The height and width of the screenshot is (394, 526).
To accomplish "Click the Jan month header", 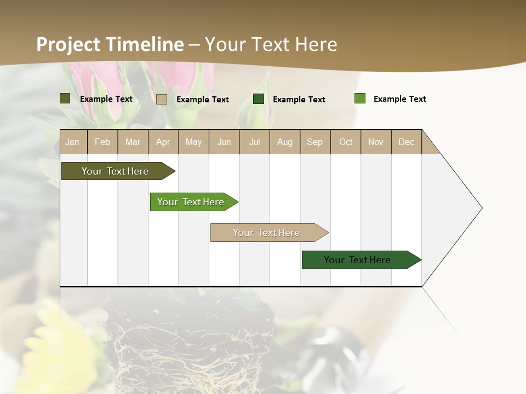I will coord(72,142).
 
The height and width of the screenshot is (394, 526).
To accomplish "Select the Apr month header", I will coord(163,142).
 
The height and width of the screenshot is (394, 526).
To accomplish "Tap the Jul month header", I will coord(254,142).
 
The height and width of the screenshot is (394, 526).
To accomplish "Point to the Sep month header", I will coord(315,142).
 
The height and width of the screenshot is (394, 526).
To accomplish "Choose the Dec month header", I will coord(406,142).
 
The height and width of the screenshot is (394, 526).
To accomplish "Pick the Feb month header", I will coord(102,142).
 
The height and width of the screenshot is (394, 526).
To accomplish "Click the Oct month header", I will coord(346,142).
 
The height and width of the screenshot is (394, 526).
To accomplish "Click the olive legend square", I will coord(65,99).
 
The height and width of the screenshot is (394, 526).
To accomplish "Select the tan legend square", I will coord(162,99).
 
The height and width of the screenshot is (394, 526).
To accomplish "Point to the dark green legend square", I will coord(259,99).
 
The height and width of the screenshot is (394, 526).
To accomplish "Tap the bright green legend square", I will coord(360,99).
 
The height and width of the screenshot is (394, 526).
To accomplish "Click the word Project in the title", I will coord(68,44).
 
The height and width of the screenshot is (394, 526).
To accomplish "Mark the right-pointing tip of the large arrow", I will coord(481,208).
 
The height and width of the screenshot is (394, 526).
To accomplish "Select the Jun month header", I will coord(224,142).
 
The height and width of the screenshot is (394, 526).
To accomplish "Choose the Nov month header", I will coord(376,142).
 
